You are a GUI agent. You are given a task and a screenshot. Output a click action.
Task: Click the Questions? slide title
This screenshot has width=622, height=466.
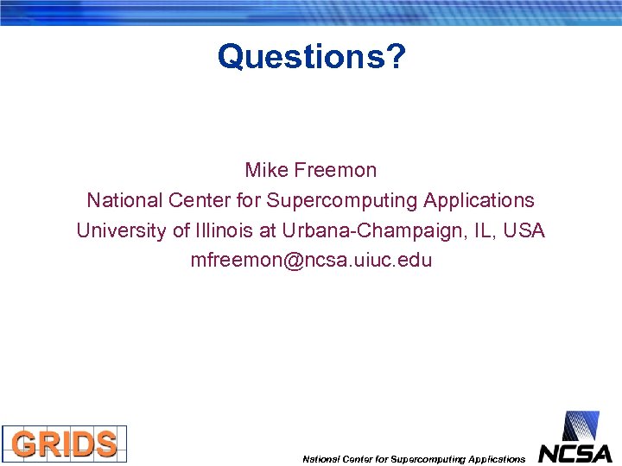pos(311,57)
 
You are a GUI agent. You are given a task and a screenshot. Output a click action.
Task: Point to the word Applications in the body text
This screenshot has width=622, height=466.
pos(479,200)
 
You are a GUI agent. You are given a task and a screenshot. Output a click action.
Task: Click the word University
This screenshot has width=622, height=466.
pos(119,230)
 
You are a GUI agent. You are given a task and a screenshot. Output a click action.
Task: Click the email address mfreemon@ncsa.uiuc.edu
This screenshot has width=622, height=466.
pos(311,261)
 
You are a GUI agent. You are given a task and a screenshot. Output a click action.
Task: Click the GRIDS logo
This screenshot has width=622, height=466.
pos(64,444)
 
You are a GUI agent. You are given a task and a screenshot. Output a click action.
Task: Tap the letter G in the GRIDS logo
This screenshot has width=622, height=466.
pos(24,444)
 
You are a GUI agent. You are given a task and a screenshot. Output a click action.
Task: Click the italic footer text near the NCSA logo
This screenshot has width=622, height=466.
pos(413,459)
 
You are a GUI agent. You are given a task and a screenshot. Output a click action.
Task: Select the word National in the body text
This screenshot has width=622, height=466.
pos(124,200)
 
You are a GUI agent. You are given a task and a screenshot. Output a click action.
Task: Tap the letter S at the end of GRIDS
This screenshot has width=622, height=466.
pos(105,444)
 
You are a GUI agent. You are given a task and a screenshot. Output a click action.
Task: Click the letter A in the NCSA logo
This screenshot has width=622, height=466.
pos(601,452)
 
